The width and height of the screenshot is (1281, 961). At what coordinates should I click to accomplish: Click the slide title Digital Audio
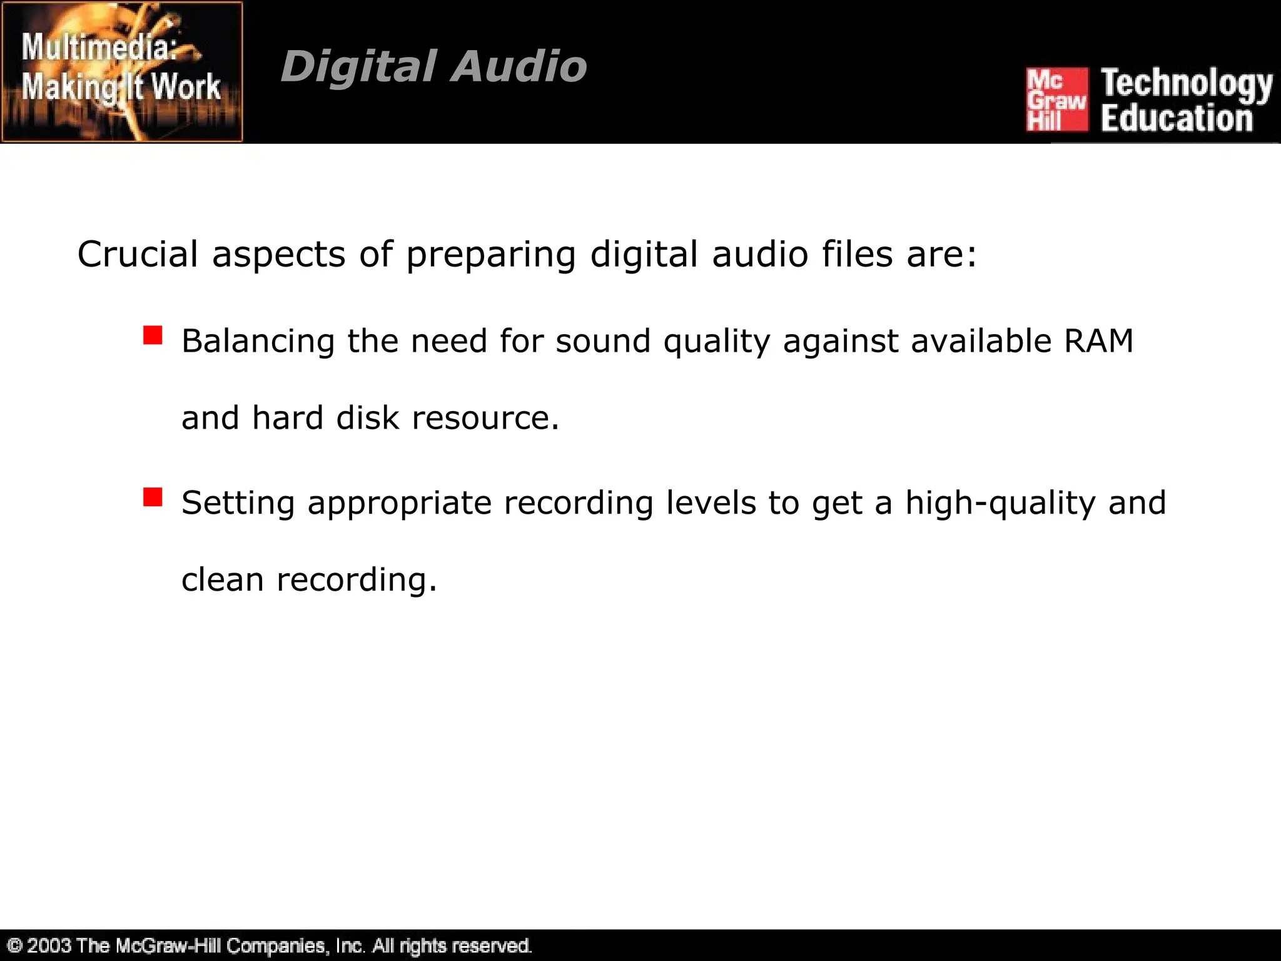[433, 66]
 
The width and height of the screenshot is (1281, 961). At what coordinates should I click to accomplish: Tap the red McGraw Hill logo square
[1056, 100]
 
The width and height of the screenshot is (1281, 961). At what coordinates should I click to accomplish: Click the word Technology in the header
[1186, 84]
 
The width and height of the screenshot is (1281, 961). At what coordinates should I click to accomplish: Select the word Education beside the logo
[1176, 119]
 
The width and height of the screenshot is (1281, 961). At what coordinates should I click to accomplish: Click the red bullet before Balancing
[153, 335]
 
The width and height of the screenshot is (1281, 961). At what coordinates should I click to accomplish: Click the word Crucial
[138, 254]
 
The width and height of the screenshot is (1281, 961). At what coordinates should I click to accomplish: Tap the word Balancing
[258, 342]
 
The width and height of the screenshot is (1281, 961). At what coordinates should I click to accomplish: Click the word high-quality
[1000, 503]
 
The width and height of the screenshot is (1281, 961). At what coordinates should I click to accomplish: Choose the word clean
[222, 579]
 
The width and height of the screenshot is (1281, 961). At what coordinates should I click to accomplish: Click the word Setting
[238, 504]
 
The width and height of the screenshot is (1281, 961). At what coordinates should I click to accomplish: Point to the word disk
[367, 417]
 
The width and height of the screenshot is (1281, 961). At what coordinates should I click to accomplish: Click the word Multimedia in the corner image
[100, 48]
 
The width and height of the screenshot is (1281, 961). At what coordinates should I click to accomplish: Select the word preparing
[491, 255]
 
